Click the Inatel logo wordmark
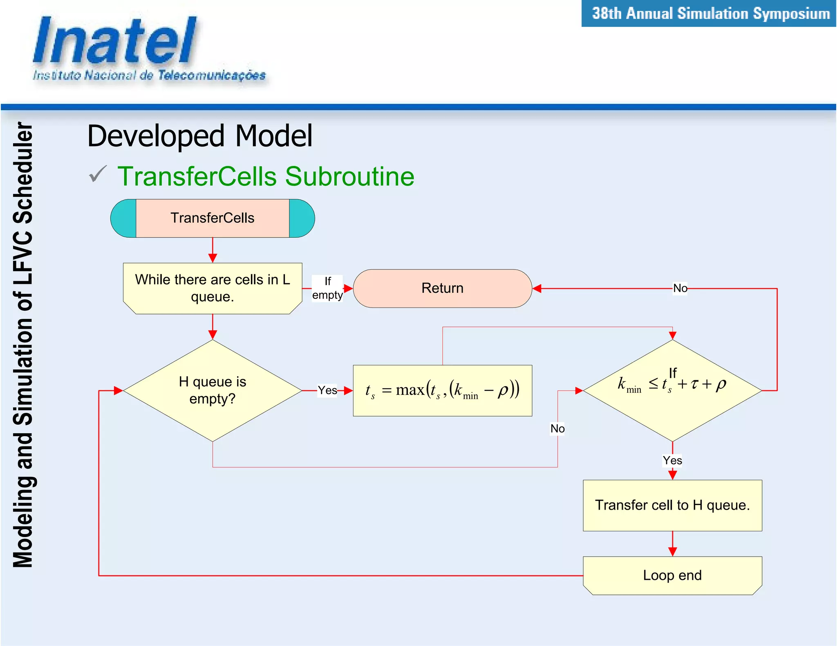[114, 41]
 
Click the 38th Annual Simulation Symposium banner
[710, 13]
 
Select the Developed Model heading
[200, 136]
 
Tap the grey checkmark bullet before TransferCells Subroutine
[98, 174]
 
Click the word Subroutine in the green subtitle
[349, 176]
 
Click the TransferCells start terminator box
[212, 218]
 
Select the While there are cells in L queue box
[212, 288]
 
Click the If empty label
[327, 288]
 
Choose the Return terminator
[442, 288]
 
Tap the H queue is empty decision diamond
[212, 390]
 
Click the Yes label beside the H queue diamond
[327, 390]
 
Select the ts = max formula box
[442, 390]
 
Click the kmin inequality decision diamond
[672, 390]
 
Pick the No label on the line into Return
[680, 288]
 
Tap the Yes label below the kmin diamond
[672, 461]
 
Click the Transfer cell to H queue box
[672, 506]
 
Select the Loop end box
[672, 575]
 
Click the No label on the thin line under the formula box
[557, 429]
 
